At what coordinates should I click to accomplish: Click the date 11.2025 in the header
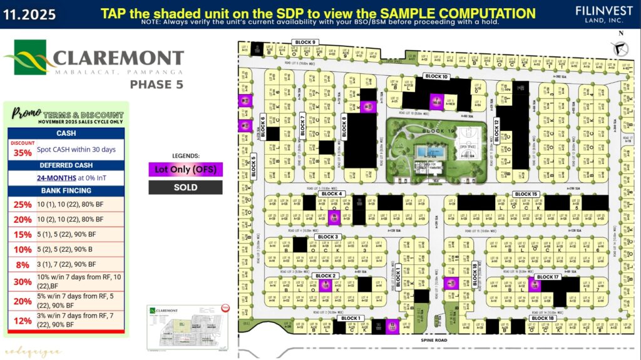click(x=29, y=14)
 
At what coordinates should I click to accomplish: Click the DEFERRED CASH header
click(x=66, y=165)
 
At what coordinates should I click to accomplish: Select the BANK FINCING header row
click(x=66, y=190)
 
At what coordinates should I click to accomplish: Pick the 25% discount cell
click(x=23, y=204)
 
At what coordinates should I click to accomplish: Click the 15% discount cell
click(x=23, y=234)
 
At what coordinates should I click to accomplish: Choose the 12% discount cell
click(x=23, y=321)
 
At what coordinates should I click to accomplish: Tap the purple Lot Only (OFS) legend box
click(x=185, y=168)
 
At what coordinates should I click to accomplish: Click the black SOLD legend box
click(x=185, y=187)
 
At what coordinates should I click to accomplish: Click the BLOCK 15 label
click(x=526, y=194)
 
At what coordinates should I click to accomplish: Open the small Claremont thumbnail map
click(x=188, y=326)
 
